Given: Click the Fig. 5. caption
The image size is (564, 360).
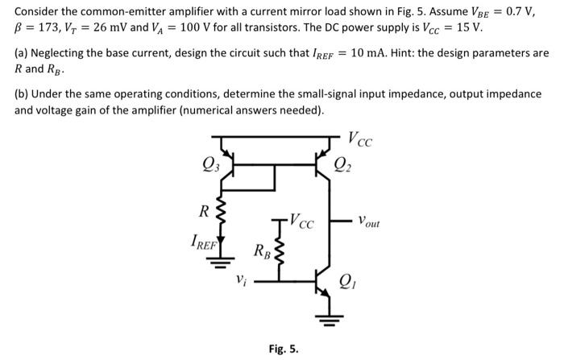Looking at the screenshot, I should tap(283, 349).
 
